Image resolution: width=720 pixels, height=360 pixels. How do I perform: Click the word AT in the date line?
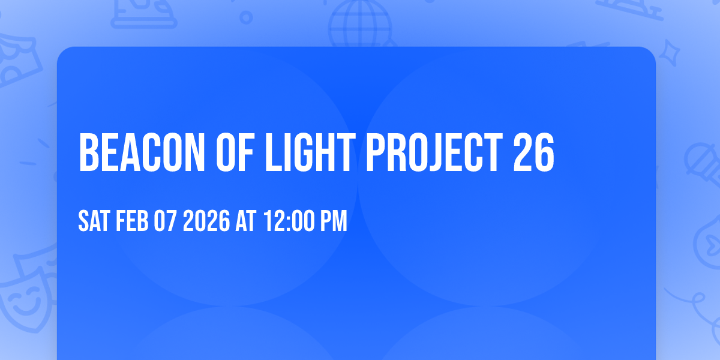(x=246, y=221)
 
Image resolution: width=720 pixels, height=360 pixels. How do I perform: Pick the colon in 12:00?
(x=287, y=222)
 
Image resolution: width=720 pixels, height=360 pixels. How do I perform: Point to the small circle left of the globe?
(x=245, y=17)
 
